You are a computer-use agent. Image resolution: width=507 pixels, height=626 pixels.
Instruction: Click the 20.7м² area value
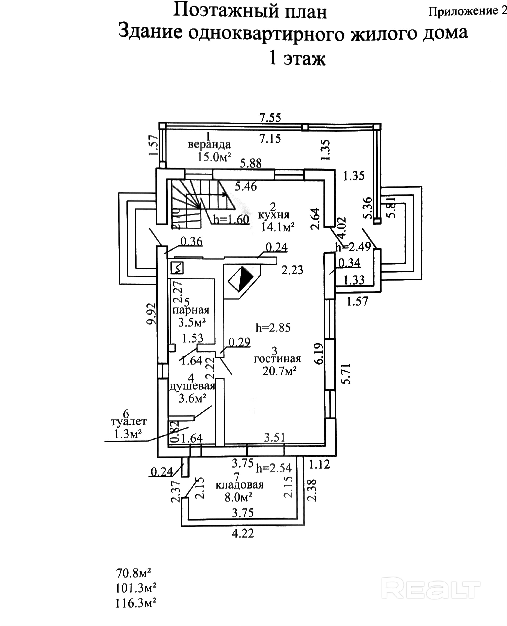tap(280, 371)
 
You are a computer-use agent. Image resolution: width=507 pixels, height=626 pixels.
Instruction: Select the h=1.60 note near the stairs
tap(231, 219)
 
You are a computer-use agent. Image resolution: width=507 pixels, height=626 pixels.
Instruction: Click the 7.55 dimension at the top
tap(270, 118)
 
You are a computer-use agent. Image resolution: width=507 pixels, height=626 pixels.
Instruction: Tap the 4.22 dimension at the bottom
tap(243, 534)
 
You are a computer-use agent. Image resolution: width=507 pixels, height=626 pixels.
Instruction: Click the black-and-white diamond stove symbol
tap(241, 279)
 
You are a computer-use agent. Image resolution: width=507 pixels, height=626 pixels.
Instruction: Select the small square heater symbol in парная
tap(177, 268)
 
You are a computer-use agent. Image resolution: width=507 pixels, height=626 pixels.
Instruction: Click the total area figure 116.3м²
tap(136, 603)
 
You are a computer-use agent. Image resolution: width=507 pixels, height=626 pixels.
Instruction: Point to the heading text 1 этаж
tap(297, 58)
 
